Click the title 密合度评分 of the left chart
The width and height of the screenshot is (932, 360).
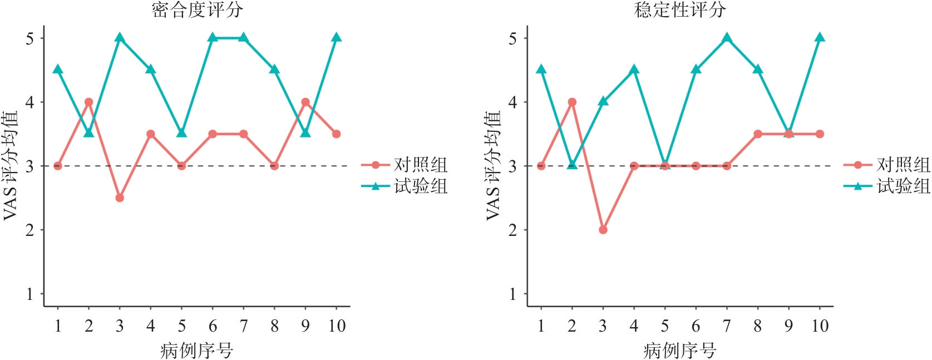coord(197,9)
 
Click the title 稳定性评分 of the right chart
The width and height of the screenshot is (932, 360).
coord(680,9)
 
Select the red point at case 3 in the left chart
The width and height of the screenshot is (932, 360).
coord(120,198)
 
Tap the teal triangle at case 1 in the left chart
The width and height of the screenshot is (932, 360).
coord(58,69)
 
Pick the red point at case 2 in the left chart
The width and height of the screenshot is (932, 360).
coord(88,102)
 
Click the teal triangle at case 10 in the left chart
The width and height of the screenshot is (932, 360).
coord(337,37)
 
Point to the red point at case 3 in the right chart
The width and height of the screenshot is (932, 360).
coord(603,230)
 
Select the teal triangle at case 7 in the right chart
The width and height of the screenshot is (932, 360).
coord(727,37)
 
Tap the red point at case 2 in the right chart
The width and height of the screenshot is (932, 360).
coord(572,102)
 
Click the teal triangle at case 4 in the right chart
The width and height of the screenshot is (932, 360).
coord(634,69)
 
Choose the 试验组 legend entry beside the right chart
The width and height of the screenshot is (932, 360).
coord(887,186)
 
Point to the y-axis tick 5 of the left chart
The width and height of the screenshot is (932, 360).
coord(29,38)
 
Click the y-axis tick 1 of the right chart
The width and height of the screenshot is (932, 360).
coord(512,294)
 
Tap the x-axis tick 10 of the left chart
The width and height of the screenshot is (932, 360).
coord(337,326)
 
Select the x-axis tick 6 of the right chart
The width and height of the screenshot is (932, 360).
coord(696,326)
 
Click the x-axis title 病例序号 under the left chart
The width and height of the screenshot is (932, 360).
coord(197,351)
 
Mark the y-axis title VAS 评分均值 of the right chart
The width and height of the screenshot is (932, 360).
coord(494,166)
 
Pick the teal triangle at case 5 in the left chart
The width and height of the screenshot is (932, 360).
coord(181,133)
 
